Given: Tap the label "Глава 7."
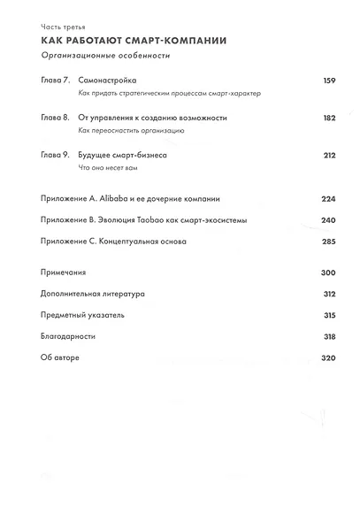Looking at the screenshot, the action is tap(55, 81).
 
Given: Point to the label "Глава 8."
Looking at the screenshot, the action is tap(55, 118).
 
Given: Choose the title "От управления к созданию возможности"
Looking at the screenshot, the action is tap(152, 118).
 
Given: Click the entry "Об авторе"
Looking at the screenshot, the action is tap(60, 357).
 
